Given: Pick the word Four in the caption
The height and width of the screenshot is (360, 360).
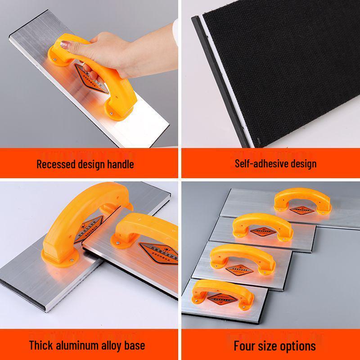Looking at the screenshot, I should point(244,346).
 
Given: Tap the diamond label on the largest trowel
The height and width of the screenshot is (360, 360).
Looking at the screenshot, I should point(301,210).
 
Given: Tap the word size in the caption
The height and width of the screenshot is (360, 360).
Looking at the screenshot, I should point(270,346).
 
